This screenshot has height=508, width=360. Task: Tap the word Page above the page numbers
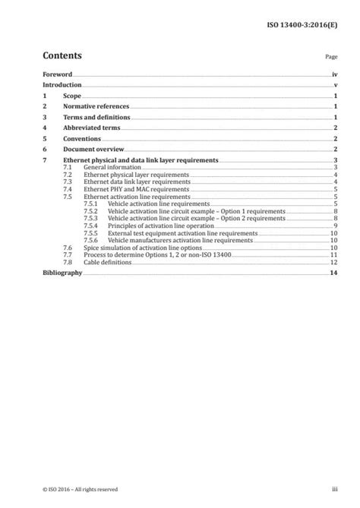[x=330, y=58]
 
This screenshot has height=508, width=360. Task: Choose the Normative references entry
[x=96, y=108]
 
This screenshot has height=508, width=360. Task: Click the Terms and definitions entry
[x=96, y=118]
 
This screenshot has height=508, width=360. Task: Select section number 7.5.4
[x=91, y=226]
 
